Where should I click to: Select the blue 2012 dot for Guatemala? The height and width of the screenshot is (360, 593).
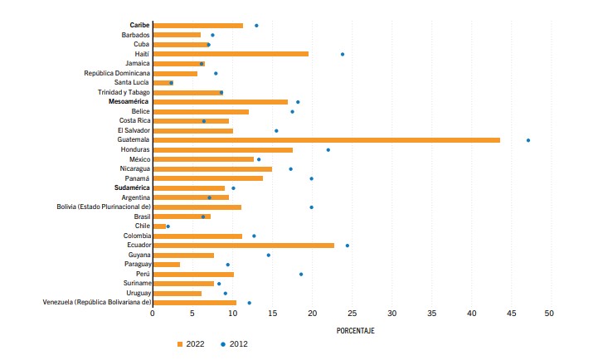click(528, 140)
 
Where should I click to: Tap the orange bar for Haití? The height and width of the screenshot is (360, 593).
click(231, 54)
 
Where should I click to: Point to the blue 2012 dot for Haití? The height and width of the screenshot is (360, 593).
click(343, 54)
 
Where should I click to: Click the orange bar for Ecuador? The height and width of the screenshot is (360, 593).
click(244, 246)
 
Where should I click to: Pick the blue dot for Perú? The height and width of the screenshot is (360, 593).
click(301, 274)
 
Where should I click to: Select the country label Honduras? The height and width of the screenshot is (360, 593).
click(134, 149)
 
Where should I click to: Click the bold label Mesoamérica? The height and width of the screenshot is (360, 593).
click(129, 102)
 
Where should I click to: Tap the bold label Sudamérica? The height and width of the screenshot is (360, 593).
click(132, 188)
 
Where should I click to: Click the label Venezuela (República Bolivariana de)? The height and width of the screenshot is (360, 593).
click(96, 303)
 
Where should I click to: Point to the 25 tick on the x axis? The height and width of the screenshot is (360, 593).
click(352, 314)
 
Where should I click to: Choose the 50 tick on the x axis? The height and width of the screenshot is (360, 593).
click(549, 314)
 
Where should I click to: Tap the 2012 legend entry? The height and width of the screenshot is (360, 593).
click(234, 343)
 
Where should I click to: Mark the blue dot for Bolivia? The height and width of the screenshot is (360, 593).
click(312, 207)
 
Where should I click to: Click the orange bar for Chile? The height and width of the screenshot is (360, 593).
click(159, 226)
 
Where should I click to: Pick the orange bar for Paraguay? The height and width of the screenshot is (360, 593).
click(167, 265)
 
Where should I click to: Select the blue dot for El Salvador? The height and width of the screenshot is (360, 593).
click(276, 130)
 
